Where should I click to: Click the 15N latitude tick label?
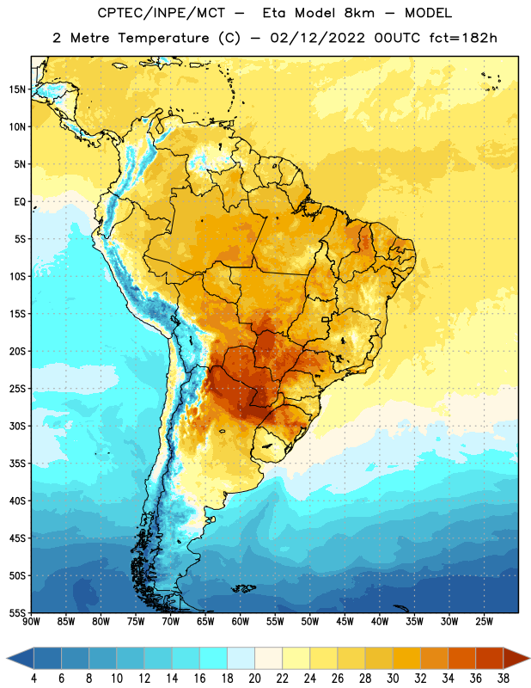pyautogui.click(x=17, y=89)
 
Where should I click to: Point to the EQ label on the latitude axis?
pyautogui.click(x=20, y=202)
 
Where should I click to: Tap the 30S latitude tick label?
pyautogui.click(x=17, y=426)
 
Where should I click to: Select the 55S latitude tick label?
pyautogui.click(x=17, y=612)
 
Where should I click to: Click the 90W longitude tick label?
pyautogui.click(x=31, y=621)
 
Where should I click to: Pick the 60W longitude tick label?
pyautogui.click(x=241, y=621)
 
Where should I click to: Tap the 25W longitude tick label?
pyautogui.click(x=484, y=621)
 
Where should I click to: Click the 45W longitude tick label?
pyautogui.click(x=345, y=621)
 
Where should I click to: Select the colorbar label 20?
pyautogui.click(x=254, y=679)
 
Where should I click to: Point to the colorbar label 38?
pyautogui.click(x=504, y=679)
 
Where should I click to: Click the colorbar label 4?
pyautogui.click(x=34, y=679)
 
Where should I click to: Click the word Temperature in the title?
pyautogui.click(x=163, y=38)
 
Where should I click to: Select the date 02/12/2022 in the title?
pyautogui.click(x=317, y=38)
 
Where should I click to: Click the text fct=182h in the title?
pyautogui.click(x=463, y=38)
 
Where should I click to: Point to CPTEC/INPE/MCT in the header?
pyautogui.click(x=162, y=13)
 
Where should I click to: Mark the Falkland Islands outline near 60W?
pyautogui.click(x=243, y=588)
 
